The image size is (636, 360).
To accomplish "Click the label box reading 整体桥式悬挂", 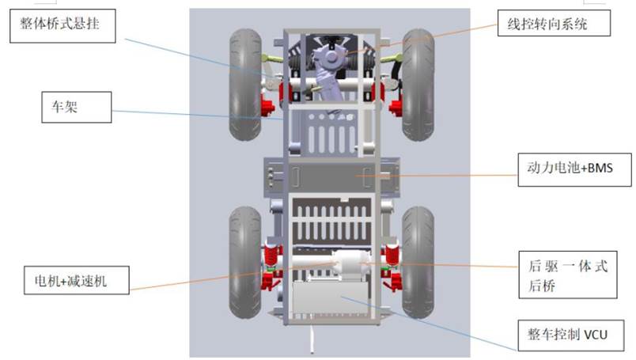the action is click(62, 26).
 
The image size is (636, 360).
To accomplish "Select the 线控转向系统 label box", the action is click(554, 23).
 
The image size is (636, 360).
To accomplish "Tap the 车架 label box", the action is click(76, 107).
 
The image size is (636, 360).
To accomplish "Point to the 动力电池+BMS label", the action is click(575, 169).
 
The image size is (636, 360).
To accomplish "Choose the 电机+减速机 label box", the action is click(77, 280).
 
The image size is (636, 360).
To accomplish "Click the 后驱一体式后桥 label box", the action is click(568, 275).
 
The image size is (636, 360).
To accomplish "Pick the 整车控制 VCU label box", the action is click(570, 335).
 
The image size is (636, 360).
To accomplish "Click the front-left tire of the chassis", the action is click(245, 85).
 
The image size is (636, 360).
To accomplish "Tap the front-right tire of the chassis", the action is click(418, 85).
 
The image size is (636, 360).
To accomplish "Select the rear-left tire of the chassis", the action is click(245, 262).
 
